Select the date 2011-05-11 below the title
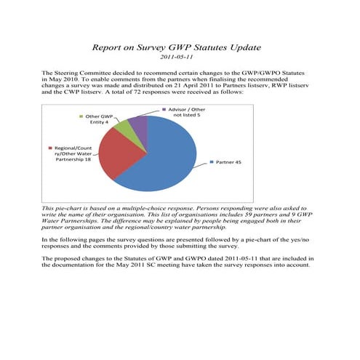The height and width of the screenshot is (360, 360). (180, 58)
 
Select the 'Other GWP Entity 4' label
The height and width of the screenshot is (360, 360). (99, 119)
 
